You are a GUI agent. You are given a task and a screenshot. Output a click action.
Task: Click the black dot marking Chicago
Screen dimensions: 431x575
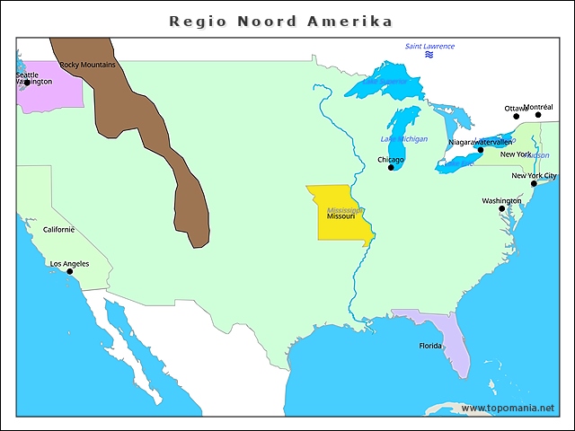(x=391, y=167)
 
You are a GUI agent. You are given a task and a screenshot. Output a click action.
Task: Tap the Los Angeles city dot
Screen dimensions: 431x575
(x=69, y=271)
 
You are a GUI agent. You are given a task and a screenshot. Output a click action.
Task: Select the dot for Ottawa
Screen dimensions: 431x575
(x=517, y=116)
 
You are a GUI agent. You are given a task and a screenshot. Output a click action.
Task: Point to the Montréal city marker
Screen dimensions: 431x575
(x=539, y=115)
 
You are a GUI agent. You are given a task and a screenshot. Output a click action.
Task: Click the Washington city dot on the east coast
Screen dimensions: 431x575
(x=502, y=208)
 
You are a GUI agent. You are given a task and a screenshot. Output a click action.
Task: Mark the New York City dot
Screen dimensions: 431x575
(x=534, y=183)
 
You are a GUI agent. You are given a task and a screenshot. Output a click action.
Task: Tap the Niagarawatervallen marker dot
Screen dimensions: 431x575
(x=481, y=149)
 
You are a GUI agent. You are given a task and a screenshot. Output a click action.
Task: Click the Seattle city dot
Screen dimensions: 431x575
(x=27, y=83)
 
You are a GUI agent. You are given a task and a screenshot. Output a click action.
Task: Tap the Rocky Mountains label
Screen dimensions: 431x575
(x=87, y=65)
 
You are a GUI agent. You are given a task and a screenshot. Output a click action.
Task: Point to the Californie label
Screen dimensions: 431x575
(x=59, y=230)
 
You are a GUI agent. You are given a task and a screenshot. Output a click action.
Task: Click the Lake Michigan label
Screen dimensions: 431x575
(x=404, y=139)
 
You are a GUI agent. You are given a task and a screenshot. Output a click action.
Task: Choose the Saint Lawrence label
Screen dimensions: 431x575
(x=429, y=47)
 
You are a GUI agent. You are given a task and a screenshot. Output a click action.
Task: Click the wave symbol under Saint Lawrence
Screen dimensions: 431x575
(x=429, y=56)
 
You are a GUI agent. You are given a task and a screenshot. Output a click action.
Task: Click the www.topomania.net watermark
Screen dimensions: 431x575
(x=508, y=409)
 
